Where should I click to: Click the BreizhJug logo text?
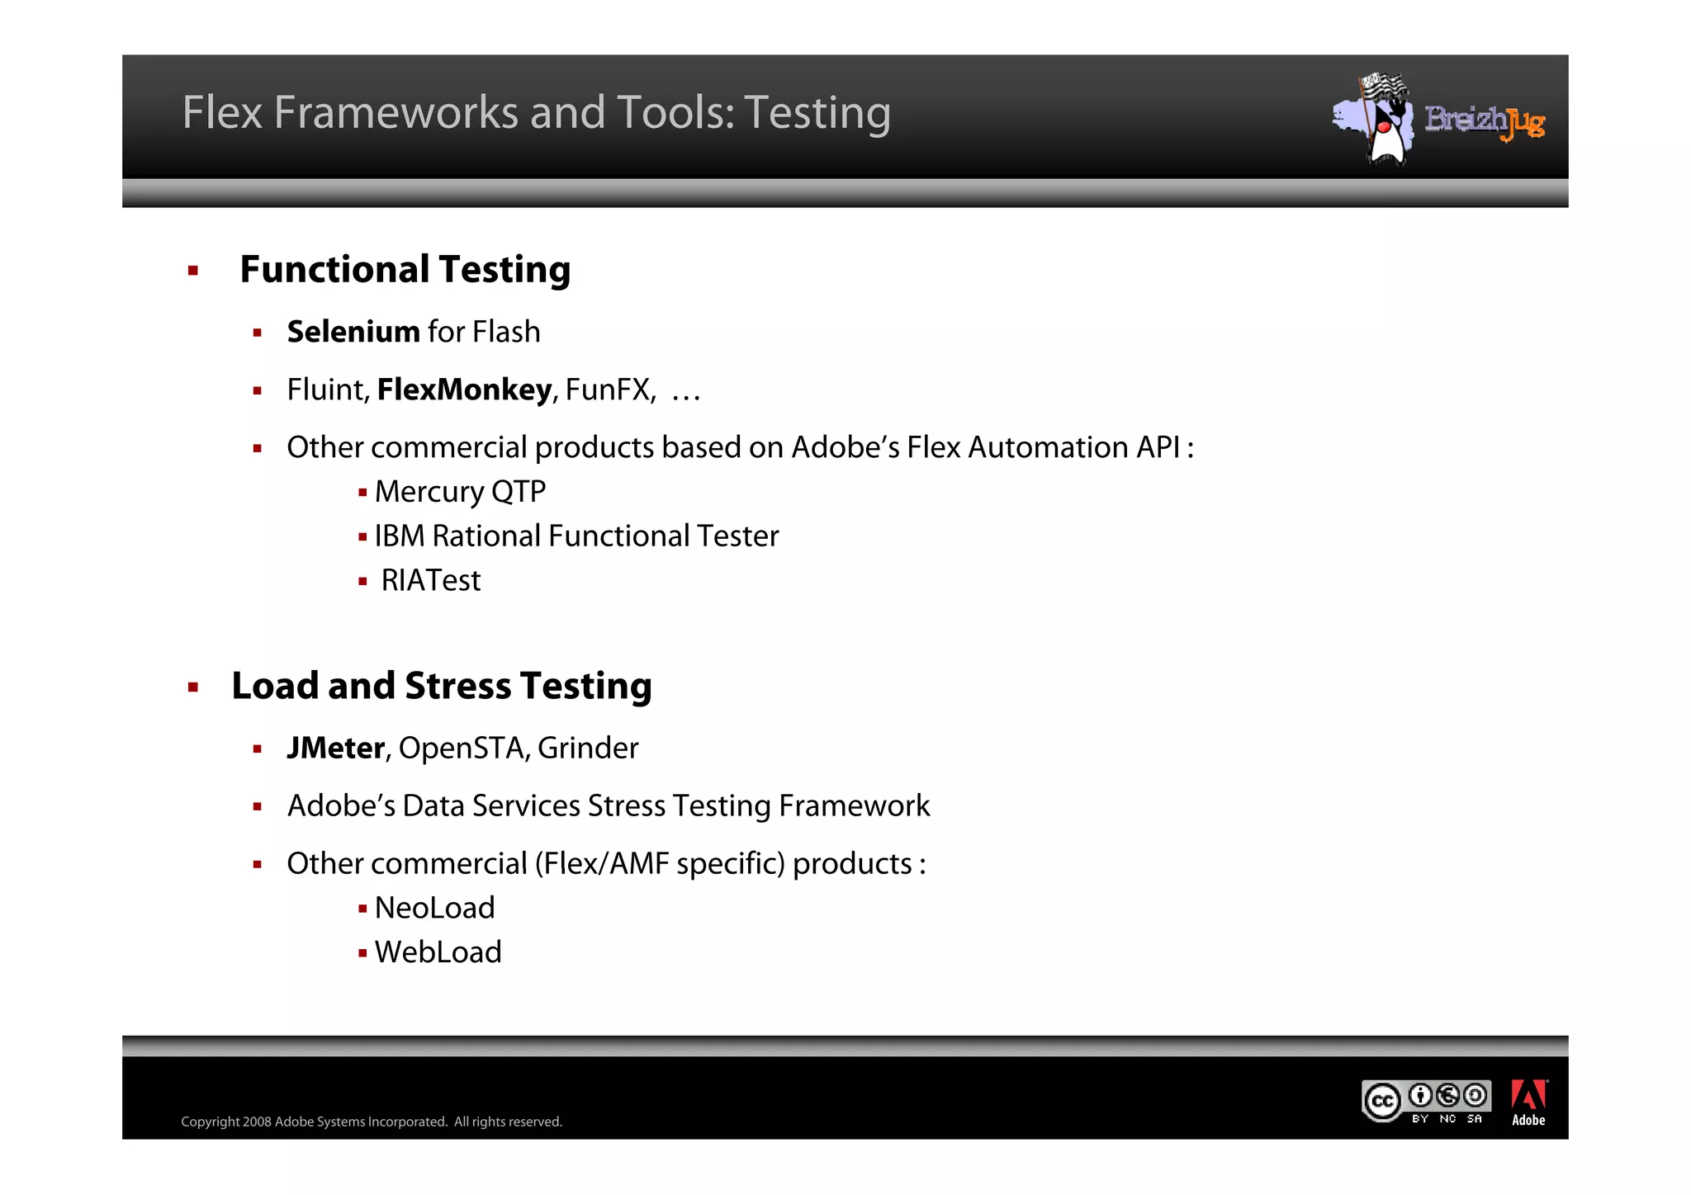1484,121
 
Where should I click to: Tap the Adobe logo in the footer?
1528,1102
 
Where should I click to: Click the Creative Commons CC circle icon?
1382,1101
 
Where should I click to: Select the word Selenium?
353,332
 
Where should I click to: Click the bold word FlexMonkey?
464,390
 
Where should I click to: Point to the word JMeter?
335,748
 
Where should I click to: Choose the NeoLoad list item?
434,908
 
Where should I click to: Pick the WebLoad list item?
438,952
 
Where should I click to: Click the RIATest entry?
430,581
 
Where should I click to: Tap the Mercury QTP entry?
460,492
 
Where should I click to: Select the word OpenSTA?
461,748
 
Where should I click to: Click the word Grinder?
588,748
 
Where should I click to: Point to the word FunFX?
609,390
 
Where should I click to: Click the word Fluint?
327,390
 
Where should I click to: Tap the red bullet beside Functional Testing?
193,271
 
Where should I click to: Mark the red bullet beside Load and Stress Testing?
193,687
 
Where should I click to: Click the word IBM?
400,536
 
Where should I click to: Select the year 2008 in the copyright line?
257,1122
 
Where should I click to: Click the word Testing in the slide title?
817,113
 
